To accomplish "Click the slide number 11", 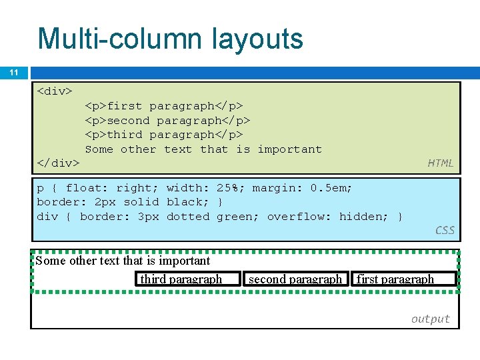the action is pos(13,72).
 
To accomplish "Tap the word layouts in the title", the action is pos(259,39).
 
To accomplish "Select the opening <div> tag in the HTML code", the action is pos(55,91).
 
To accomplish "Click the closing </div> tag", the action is pos(58,163).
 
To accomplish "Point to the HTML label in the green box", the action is pos(440,163).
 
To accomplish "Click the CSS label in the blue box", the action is pos(445,230).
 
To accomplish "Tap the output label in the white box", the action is pos(430,319).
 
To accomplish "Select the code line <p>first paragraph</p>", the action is pos(164,105).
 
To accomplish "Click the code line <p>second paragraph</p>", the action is pos(167,120).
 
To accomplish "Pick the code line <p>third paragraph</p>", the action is pos(164,135).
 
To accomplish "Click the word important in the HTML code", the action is pos(289,149).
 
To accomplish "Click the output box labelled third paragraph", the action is pos(188,279).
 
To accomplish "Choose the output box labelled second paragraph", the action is pos(295,279).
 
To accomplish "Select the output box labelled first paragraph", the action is pos(403,279).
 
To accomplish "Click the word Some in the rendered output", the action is pos(51,261).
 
